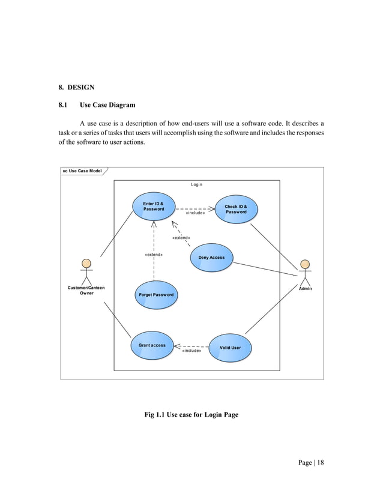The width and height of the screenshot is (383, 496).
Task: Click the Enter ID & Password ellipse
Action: click(153, 207)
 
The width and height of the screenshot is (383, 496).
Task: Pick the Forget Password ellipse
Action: click(155, 295)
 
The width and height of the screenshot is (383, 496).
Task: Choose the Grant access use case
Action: click(152, 345)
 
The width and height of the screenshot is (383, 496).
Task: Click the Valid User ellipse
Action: click(230, 348)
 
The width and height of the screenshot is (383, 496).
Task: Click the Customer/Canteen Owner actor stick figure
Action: click(86, 271)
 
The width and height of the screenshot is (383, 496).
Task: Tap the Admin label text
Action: click(305, 289)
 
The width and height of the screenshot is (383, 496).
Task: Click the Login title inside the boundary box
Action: click(196, 184)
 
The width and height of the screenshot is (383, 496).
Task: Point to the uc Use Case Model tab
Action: click(82, 171)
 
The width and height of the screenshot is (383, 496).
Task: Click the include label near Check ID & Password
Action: click(195, 213)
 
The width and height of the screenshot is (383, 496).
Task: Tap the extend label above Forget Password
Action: click(154, 255)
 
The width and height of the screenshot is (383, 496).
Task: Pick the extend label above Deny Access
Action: click(181, 238)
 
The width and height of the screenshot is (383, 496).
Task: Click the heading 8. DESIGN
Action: click(72, 88)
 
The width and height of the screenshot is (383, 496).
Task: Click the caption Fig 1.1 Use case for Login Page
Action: click(191, 414)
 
